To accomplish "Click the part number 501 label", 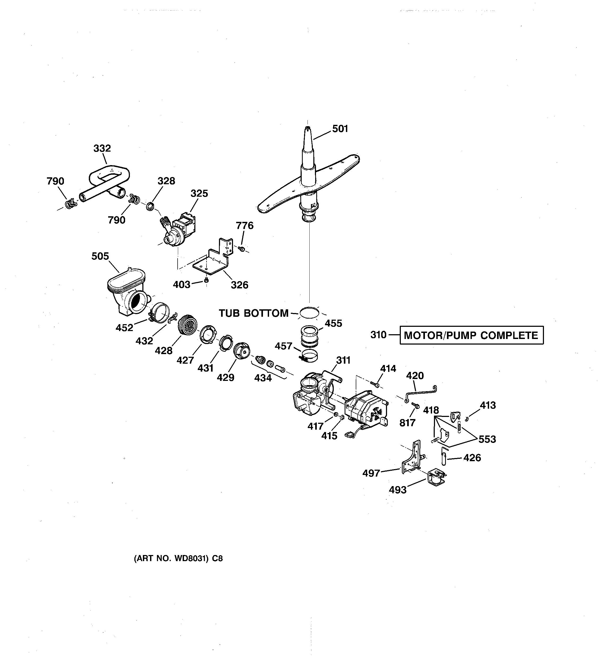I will tap(340, 129).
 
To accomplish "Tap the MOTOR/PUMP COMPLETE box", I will tap(471, 335).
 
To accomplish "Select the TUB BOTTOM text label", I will tap(253, 313).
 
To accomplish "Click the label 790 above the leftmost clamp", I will tap(55, 181).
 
